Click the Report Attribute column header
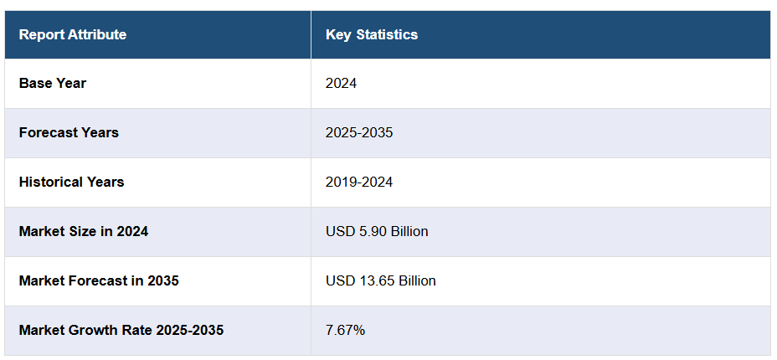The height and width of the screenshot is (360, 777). pyautogui.click(x=73, y=34)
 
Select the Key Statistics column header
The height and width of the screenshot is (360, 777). pyautogui.click(x=372, y=34)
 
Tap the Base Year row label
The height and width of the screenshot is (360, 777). pyautogui.click(x=53, y=83)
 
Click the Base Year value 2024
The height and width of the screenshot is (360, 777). pyautogui.click(x=342, y=83)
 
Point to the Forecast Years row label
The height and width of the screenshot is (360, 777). pyautogui.click(x=69, y=132)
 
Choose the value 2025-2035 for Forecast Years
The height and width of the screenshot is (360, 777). pyautogui.click(x=359, y=132)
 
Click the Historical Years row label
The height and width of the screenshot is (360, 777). pyautogui.click(x=71, y=182)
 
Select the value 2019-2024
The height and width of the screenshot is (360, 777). pyautogui.click(x=359, y=182)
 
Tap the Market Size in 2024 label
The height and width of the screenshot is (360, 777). pyautogui.click(x=84, y=231)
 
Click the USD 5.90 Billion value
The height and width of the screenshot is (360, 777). pyautogui.click(x=377, y=231)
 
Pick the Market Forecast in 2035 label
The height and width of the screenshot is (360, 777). pyautogui.click(x=99, y=280)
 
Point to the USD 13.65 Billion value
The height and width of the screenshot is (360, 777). pyautogui.click(x=381, y=280)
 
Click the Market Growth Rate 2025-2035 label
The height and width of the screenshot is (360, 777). pyautogui.click(x=121, y=330)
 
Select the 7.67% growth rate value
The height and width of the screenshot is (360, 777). pyautogui.click(x=345, y=330)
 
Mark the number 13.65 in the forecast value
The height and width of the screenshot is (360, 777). pyautogui.click(x=373, y=280)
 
